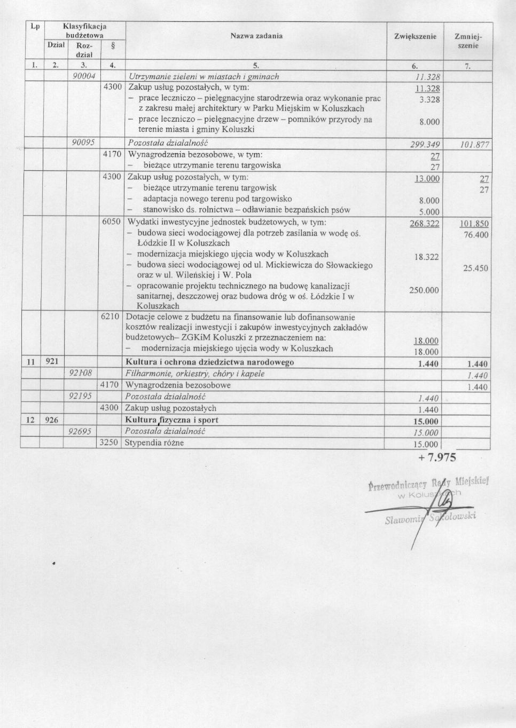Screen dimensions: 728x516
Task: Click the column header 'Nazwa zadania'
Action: pos(256,36)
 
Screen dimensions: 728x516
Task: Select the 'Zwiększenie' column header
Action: pos(415,37)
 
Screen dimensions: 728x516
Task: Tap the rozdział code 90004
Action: pos(84,76)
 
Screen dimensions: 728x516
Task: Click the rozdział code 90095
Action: pos(84,143)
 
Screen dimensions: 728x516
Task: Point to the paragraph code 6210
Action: pos(111,316)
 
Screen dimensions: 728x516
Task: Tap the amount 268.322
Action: pos(424,224)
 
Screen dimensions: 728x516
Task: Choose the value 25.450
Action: pos(475,268)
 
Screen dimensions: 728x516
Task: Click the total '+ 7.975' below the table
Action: pos(437,457)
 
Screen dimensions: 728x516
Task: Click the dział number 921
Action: pos(52,362)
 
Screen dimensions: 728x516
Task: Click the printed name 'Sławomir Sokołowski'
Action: pos(430,518)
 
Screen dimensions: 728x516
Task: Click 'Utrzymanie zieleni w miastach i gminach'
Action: pos(204,76)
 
